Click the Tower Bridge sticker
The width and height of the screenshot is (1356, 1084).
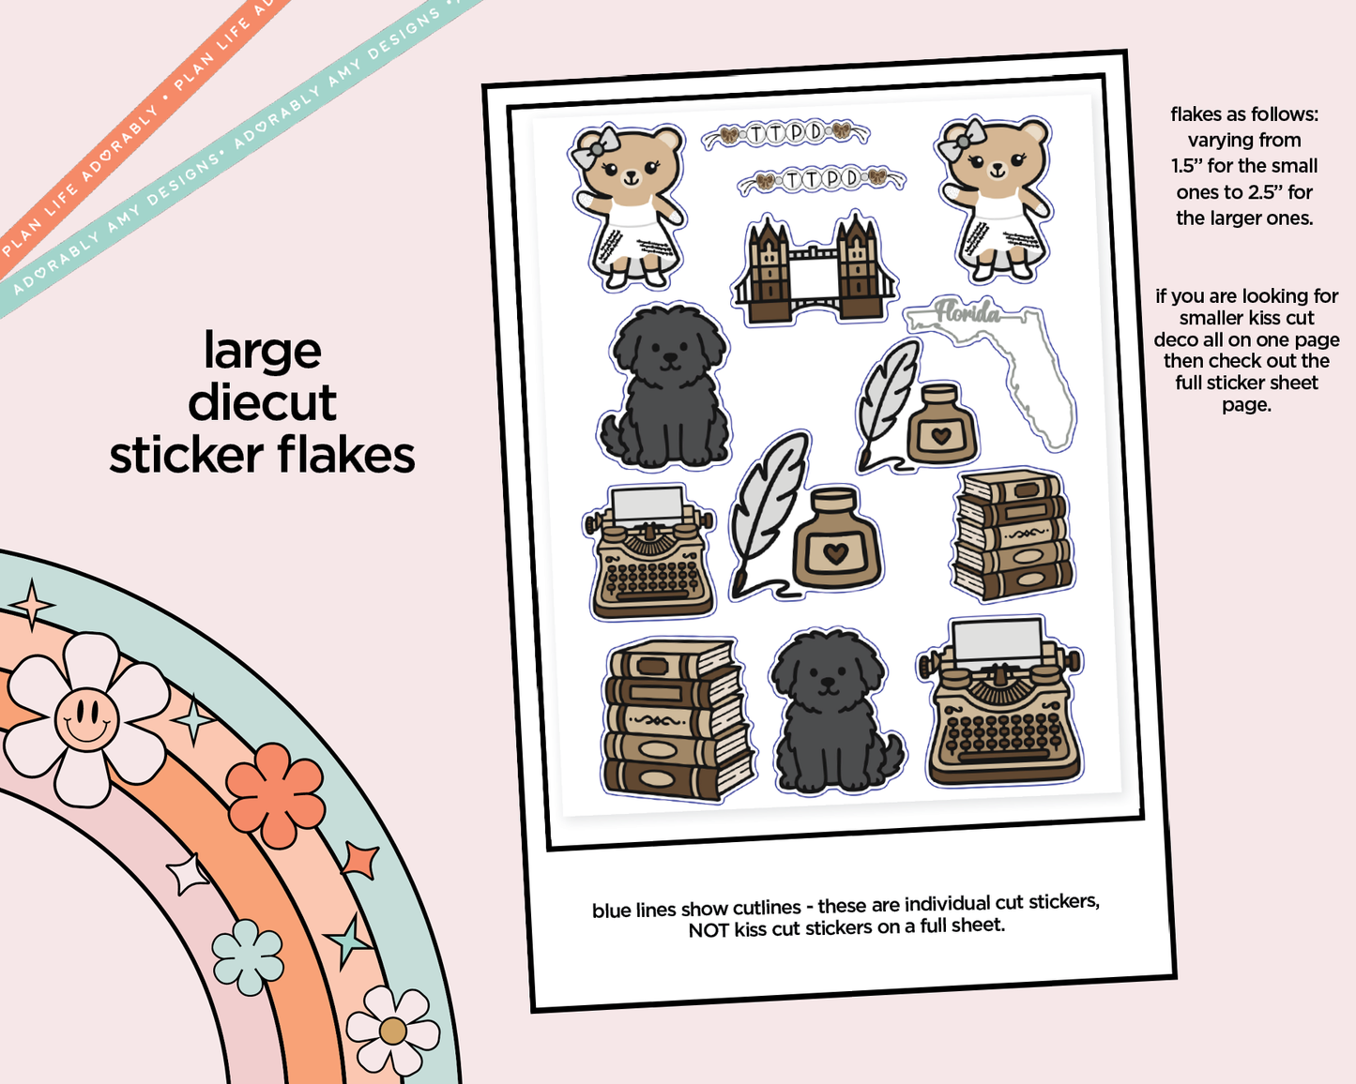point(814,269)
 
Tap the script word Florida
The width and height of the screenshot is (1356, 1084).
point(967,312)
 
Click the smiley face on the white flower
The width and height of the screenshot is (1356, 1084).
point(86,719)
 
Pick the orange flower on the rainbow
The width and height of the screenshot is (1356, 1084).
point(275,794)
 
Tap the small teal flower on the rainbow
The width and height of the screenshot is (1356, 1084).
point(247,956)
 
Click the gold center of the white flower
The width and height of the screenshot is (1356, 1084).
point(392,1031)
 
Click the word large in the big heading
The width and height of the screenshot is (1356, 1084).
point(263,352)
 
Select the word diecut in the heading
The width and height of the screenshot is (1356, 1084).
point(262,403)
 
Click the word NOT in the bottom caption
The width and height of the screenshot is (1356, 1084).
point(708,930)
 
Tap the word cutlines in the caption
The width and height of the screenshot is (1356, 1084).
point(766,908)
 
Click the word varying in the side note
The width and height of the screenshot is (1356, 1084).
point(1217,141)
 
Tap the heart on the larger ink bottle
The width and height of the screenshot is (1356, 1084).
point(835,552)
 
